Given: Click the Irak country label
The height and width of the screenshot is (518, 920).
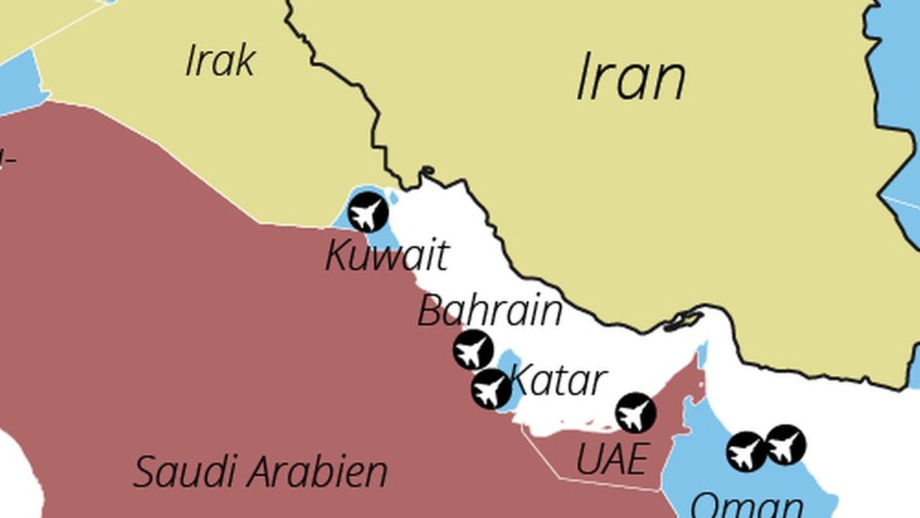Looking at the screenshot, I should click(220, 60).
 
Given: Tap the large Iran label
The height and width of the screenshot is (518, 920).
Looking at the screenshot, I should click(630, 78).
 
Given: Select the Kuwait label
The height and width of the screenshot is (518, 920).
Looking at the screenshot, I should click(387, 256).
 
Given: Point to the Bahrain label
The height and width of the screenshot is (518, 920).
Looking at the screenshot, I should click(489, 311).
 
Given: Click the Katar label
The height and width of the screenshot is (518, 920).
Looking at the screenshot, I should click(558, 380).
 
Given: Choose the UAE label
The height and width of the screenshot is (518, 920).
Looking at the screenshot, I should click(612, 459).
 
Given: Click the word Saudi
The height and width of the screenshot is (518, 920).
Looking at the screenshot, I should click(183, 473).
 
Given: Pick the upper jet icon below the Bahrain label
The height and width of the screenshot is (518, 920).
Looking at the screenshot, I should click(473, 350).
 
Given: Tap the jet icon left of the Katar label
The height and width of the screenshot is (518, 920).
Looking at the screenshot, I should click(492, 389).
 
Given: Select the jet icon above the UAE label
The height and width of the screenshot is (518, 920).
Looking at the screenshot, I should click(636, 413).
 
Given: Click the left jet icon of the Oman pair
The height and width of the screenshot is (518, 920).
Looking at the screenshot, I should click(747, 452).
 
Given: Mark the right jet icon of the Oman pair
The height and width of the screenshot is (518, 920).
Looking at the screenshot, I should click(786, 445).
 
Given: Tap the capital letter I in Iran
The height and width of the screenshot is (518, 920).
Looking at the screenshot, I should click(584, 78).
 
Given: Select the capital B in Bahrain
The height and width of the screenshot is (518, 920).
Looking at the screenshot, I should click(430, 311).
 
